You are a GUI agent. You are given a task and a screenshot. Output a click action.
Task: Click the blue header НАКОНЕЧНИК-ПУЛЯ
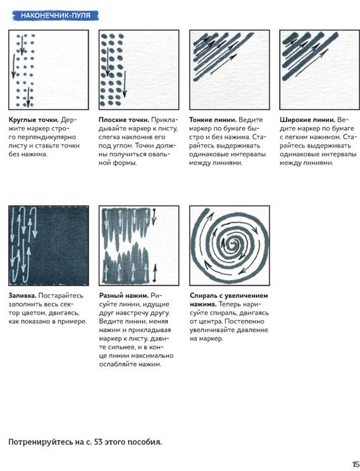click(56, 15)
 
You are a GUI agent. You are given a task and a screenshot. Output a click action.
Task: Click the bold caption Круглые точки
click(34, 120)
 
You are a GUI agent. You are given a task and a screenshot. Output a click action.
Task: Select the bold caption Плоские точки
click(124, 120)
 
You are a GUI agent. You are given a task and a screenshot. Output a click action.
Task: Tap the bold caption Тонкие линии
click(213, 120)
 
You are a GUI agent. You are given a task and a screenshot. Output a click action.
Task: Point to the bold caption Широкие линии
click(307, 120)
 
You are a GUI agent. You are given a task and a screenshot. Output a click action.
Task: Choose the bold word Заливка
click(22, 296)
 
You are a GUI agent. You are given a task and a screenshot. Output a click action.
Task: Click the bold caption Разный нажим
click(124, 296)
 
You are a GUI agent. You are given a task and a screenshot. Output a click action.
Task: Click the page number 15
click(356, 464)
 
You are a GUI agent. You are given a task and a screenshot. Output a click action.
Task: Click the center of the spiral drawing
click(233, 242)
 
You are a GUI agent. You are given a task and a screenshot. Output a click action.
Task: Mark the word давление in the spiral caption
click(252, 330)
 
